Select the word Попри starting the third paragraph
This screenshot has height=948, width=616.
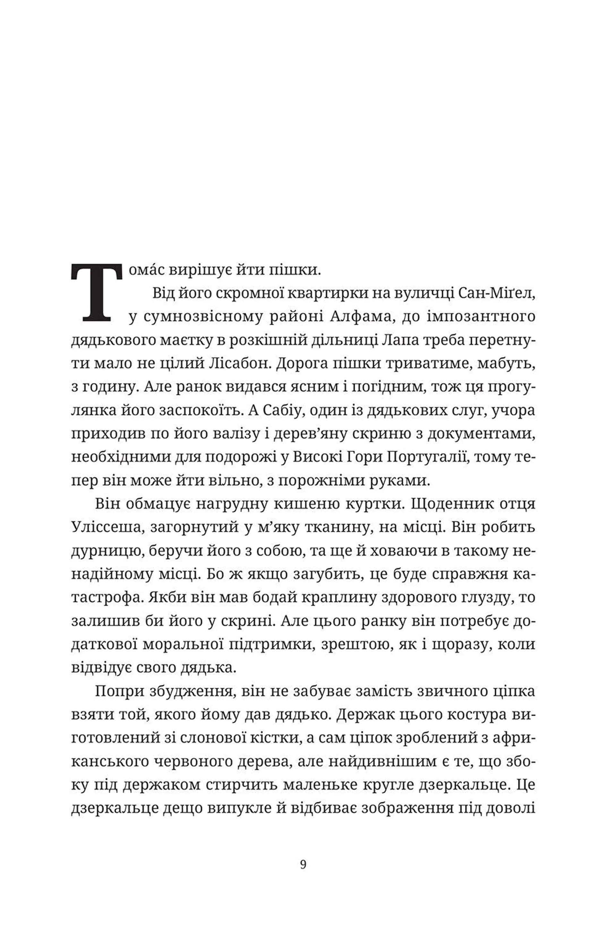coord(118,691)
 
